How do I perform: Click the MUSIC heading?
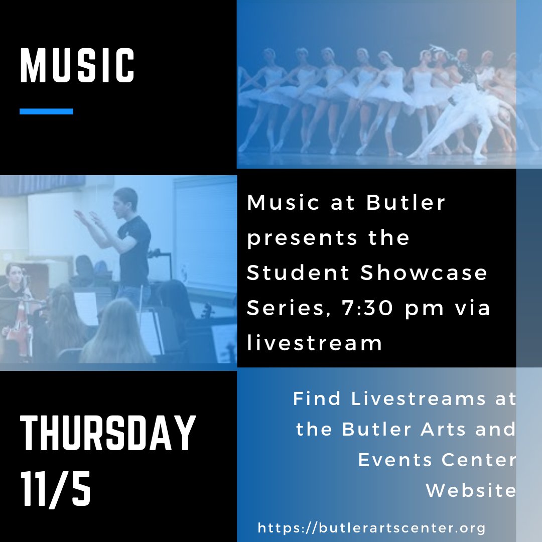click(77, 65)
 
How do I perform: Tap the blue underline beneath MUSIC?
click(46, 111)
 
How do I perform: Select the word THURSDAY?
click(107, 433)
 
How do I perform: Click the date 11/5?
click(56, 487)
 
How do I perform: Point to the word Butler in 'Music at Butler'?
click(406, 203)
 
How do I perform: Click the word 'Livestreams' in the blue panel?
click(419, 399)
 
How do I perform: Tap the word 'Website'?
click(471, 490)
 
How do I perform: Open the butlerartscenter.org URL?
click(372, 528)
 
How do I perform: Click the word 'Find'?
click(317, 399)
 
